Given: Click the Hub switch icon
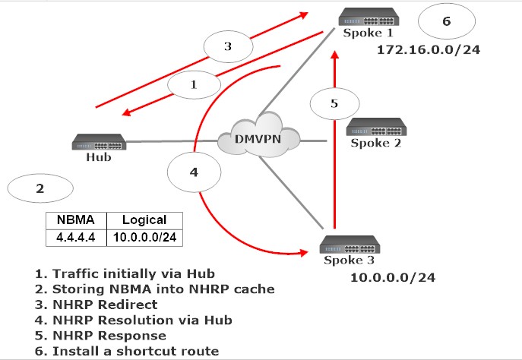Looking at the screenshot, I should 100,141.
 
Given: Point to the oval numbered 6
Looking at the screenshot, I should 446,21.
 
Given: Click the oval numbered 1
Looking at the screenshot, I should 194,85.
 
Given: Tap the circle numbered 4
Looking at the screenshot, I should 194,172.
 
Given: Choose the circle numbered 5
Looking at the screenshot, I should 334,104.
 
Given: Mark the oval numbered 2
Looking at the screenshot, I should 39,189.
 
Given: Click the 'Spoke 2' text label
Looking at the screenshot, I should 375,142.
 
